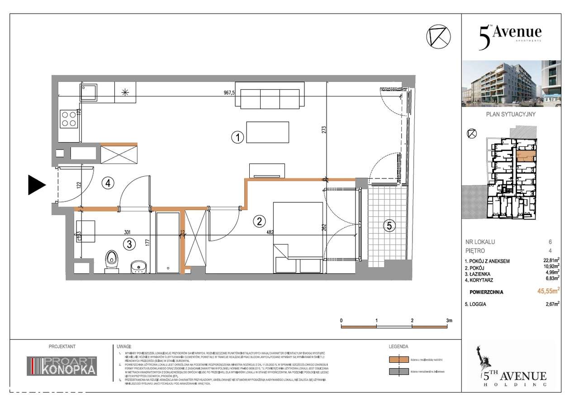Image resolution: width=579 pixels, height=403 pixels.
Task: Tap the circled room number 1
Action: coord(238,137)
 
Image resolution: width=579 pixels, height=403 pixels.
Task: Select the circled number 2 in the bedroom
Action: coord(259,221)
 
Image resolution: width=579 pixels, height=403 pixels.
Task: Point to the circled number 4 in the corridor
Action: coord(108,183)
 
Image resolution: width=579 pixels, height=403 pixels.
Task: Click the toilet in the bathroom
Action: coord(111,262)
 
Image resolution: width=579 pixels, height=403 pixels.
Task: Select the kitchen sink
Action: coord(88,92)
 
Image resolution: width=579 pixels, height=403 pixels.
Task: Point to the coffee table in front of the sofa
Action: coord(267,132)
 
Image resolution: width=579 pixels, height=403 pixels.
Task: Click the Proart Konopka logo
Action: coord(62,366)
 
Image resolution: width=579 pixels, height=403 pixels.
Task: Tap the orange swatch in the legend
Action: coord(398,360)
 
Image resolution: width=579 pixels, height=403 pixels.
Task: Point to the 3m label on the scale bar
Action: coord(449,320)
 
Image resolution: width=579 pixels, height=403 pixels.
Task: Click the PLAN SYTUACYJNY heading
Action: coord(511,115)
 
